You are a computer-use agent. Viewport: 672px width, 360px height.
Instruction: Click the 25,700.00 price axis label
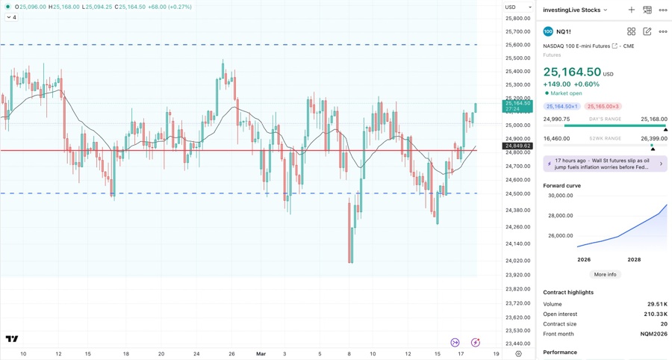point(517,31)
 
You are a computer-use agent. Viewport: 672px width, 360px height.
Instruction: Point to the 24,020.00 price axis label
point(517,261)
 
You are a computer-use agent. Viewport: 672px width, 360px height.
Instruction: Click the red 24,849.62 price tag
point(517,146)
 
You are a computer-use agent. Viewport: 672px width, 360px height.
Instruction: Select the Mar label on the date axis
point(261,353)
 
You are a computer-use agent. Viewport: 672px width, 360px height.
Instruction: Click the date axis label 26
point(231,353)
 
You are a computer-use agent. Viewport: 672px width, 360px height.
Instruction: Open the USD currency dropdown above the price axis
point(518,7)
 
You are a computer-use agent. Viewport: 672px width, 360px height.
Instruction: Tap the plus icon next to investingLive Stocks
point(631,10)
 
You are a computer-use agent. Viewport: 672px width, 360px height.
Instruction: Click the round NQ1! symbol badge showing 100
point(548,31)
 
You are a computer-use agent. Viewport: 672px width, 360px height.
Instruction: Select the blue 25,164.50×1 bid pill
point(561,107)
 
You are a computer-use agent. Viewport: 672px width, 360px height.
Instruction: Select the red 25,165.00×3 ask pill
point(603,107)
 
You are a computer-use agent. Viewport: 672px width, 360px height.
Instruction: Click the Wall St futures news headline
point(605,164)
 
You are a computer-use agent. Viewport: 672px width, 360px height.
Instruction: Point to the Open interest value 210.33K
point(656,314)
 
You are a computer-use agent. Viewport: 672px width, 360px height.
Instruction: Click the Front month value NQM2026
point(654,334)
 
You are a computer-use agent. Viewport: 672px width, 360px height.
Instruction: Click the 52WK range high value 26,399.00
point(653,138)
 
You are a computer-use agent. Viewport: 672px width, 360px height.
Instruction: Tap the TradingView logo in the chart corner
point(12,339)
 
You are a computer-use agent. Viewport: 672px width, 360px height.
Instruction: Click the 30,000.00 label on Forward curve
point(560,196)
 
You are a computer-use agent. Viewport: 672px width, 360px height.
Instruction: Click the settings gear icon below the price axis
point(518,353)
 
